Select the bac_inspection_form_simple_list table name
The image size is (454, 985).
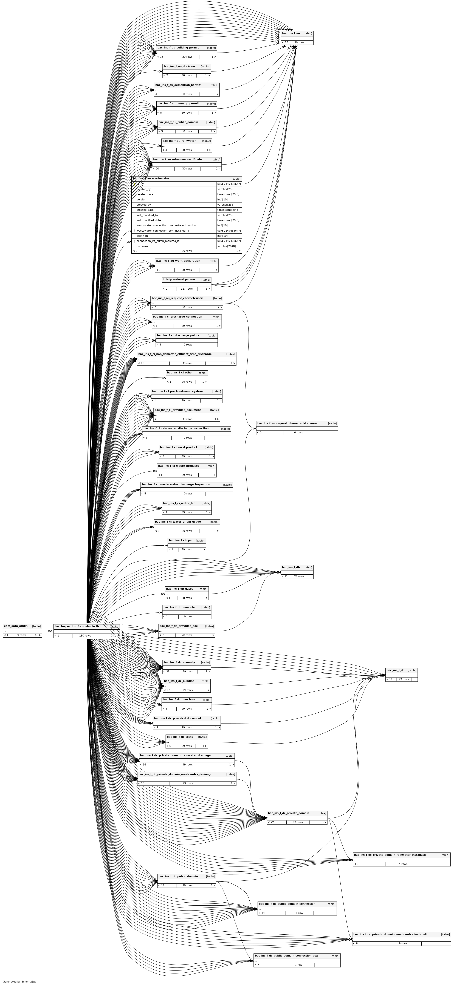pos(78,626)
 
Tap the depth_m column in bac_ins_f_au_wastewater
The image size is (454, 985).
pos(142,236)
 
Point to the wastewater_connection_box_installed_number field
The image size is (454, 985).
pos(167,226)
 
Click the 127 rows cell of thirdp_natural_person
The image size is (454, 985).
pos(187,289)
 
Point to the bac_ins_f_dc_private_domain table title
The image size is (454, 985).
pos(289,813)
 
